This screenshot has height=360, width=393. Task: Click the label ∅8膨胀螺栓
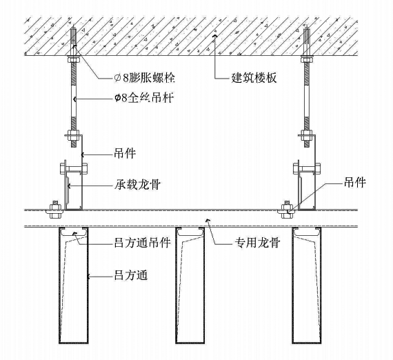tap(145, 77)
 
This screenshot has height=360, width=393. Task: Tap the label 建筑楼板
tap(254, 77)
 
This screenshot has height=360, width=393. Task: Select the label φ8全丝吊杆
tap(144, 97)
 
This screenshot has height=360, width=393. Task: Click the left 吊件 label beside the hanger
tap(125, 153)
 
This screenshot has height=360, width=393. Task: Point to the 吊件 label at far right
tap(354, 182)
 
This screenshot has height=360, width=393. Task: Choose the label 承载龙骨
tap(137, 185)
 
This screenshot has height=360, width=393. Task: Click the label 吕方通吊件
tap(142, 243)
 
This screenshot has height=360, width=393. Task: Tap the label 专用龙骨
tap(257, 243)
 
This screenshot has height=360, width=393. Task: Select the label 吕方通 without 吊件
tap(131, 275)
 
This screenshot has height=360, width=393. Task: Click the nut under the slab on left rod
tap(74, 60)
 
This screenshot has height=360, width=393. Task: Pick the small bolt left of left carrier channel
tap(54, 210)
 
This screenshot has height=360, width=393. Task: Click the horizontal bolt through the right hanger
tap(307, 168)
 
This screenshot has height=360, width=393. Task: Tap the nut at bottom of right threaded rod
tap(307, 134)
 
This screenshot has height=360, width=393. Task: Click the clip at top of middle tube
tap(190, 232)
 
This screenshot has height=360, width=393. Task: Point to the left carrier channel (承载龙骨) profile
tap(74, 190)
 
